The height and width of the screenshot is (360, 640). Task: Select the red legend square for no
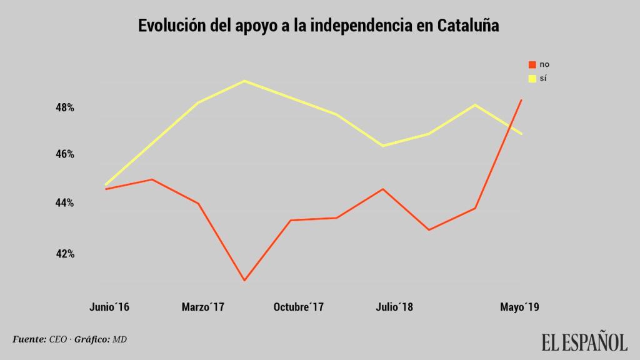(x=532, y=64)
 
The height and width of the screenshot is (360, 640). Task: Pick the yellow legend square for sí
(x=532, y=79)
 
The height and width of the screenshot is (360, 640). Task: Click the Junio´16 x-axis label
(x=109, y=307)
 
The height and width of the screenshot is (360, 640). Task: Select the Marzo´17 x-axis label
(x=202, y=307)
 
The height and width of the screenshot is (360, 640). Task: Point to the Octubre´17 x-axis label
(x=299, y=307)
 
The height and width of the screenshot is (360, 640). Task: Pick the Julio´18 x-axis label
(x=394, y=307)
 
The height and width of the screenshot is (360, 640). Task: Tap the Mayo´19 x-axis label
(x=520, y=307)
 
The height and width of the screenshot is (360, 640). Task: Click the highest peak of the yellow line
(x=244, y=81)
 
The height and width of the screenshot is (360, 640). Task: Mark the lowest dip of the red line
(x=244, y=281)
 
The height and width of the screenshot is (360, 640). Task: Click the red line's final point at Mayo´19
(x=522, y=100)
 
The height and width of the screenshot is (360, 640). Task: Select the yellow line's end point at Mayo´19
(x=522, y=134)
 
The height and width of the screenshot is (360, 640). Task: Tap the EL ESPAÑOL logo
(x=584, y=342)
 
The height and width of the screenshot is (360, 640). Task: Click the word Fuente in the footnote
(x=29, y=339)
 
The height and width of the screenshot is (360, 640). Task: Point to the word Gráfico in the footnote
(x=91, y=339)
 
